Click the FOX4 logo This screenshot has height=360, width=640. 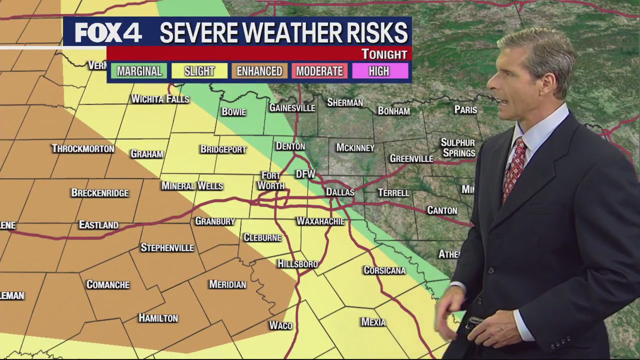pos(108,33)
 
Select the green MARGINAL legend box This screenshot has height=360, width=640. pos(139,71)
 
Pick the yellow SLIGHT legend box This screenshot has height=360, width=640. pos(199,71)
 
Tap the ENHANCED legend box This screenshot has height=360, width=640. pos(259,71)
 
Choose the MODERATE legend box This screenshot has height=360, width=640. pos(319,71)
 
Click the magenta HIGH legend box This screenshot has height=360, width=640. pos(379,71)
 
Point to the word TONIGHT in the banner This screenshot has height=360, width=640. pos(384,54)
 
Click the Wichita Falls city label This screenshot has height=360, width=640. pos(160,99)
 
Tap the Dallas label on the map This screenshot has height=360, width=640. pos(340,192)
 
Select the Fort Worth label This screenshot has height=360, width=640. pos(271,180)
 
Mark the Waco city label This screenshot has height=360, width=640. pos(280,325)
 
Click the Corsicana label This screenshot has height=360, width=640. pos(384,270)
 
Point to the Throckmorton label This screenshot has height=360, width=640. pos(83,148)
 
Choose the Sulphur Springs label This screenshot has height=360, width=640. pos(458,148)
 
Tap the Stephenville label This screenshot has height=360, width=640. pos(167,247)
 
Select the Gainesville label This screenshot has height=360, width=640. pos(292,107)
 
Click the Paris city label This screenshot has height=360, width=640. pos(465,109)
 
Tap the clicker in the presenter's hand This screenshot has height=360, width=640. pos(472,322)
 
